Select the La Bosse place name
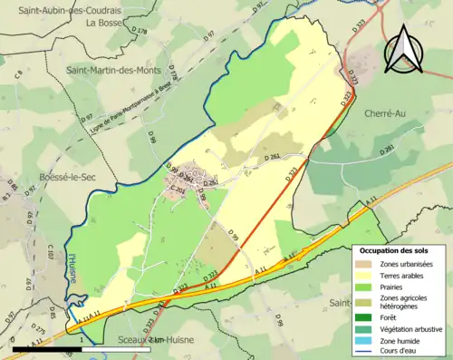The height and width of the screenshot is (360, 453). point(105,24)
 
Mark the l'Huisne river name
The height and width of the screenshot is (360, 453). point(71,268)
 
